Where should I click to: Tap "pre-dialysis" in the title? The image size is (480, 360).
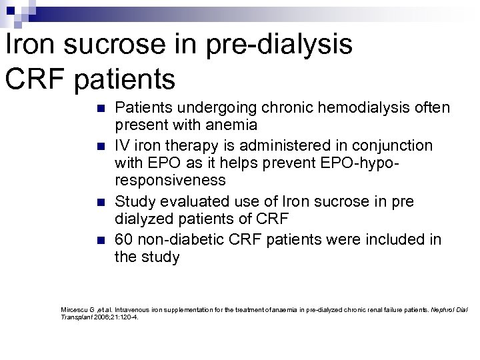tap(276, 45)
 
